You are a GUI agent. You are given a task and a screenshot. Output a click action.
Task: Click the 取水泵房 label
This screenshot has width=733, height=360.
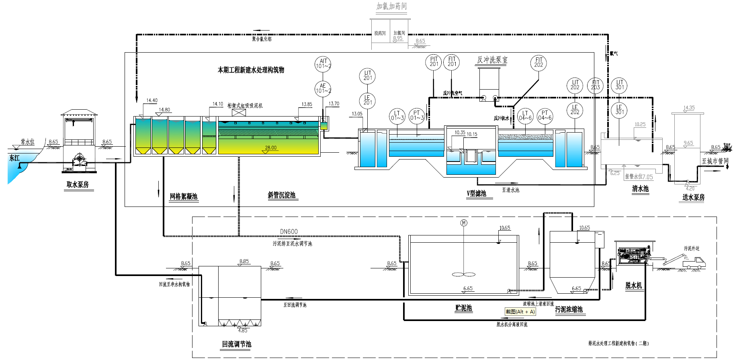(78, 184)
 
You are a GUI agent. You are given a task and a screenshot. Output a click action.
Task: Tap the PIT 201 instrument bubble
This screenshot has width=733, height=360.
(434, 62)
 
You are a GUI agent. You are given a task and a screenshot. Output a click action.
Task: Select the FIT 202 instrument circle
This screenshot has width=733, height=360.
(538, 63)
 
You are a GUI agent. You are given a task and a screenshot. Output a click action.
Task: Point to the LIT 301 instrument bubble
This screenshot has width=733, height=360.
(619, 85)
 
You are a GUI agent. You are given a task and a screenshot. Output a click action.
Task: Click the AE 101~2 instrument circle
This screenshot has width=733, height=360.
(323, 88)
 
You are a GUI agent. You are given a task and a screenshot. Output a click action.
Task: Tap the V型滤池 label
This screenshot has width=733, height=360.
(477, 194)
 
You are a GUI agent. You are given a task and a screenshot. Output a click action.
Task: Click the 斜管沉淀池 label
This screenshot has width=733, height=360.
(282, 195)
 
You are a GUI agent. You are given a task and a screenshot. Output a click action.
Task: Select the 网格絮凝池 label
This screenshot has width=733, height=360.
(183, 196)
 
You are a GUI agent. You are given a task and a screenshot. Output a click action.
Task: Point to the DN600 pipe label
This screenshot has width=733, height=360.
(289, 232)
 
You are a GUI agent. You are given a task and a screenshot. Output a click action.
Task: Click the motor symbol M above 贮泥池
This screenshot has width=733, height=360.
(464, 223)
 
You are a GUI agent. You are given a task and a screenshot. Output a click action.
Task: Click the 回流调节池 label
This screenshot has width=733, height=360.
(236, 344)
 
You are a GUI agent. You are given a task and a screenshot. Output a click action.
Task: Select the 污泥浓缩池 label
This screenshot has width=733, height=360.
(569, 309)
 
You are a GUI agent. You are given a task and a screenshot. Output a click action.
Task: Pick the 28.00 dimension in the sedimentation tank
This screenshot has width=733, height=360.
(270, 148)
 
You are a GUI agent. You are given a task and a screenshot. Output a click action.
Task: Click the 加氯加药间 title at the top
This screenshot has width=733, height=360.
(391, 6)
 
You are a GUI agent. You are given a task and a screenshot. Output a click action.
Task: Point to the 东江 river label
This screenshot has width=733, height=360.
(14, 158)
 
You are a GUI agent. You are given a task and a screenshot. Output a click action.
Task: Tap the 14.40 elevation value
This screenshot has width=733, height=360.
(152, 100)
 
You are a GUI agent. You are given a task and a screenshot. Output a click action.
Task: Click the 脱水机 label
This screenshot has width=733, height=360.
(633, 286)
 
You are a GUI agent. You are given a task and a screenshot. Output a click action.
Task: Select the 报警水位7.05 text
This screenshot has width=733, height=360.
(639, 177)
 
